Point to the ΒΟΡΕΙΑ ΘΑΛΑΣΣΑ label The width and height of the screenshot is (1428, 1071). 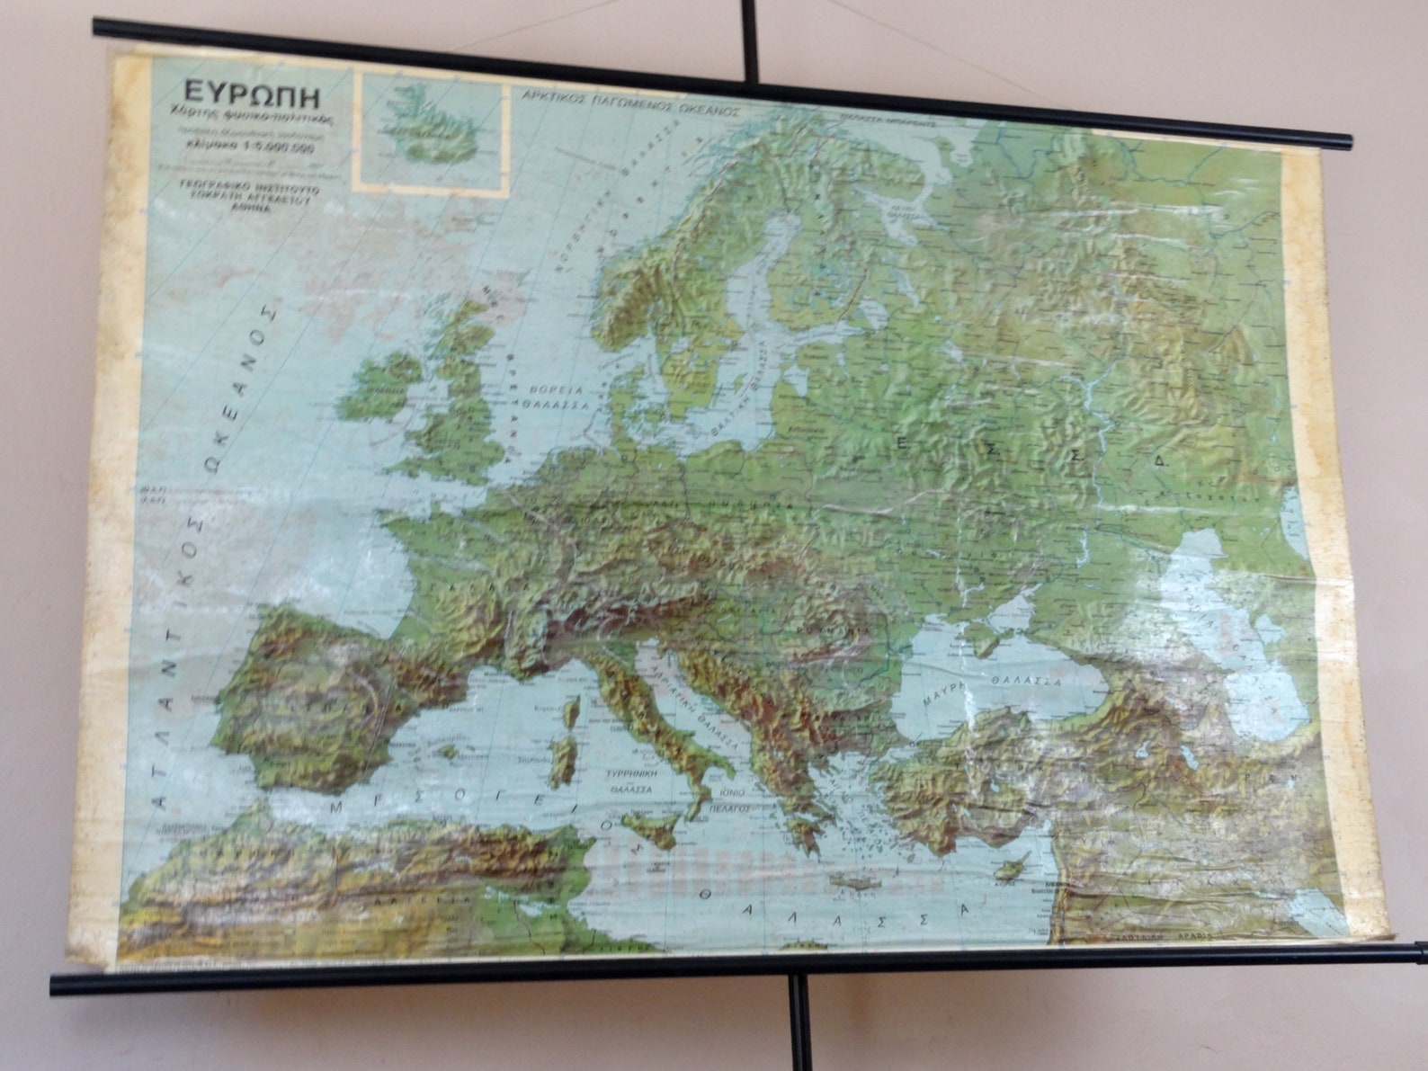click(558, 397)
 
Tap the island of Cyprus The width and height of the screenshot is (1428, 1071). click(1010, 869)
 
